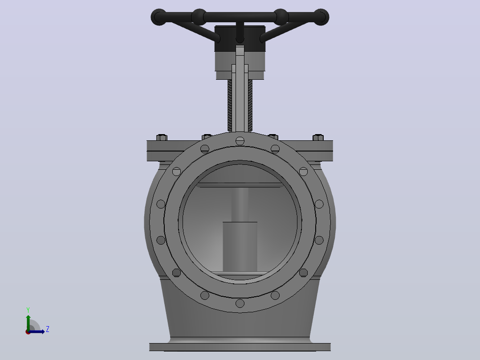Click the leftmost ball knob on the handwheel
[159, 17]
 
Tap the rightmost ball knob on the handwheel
[321, 17]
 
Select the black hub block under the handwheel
[240, 38]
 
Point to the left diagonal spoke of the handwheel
[195, 31]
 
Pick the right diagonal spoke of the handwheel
[285, 31]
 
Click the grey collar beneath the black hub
[240, 65]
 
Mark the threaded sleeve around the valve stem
[240, 106]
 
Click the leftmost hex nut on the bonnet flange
[162, 137]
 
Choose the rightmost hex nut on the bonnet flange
[318, 137]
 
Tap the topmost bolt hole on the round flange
[240, 141]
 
